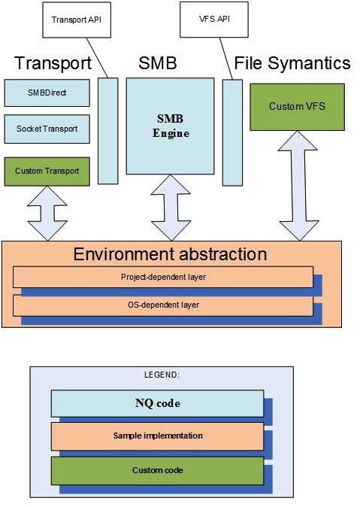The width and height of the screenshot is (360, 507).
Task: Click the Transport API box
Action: click(77, 20)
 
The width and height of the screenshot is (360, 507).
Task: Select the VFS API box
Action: click(214, 20)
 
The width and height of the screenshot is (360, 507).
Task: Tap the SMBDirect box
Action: click(47, 93)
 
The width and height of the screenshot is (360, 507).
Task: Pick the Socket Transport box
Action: click(47, 129)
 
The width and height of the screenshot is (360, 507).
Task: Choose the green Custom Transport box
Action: click(47, 172)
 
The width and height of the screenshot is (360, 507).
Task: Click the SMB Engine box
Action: click(170, 126)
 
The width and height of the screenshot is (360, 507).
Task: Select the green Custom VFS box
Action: click(297, 107)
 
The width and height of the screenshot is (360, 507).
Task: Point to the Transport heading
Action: click(53, 63)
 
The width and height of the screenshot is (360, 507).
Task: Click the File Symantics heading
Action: click(292, 63)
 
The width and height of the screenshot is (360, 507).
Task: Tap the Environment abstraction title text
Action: click(171, 254)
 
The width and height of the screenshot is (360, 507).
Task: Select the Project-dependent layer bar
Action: click(163, 277)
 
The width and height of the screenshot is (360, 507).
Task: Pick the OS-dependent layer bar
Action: click(163, 305)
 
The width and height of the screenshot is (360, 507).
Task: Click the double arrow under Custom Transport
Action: click(47, 214)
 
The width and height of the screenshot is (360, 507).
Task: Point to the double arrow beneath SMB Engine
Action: click(171, 208)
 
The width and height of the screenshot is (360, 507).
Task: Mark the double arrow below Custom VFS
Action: click(298, 186)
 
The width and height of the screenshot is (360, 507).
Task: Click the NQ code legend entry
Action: click(157, 403)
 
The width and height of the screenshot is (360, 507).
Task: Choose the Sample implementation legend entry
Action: click(157, 436)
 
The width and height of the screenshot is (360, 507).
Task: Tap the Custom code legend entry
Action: click(157, 470)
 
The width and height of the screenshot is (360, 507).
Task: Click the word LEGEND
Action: click(162, 375)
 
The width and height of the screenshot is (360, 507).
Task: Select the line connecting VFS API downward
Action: click(226, 59)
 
